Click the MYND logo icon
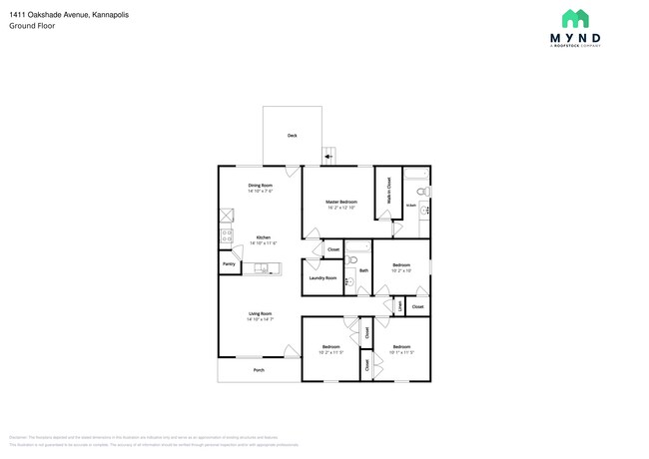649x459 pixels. coord(574,18)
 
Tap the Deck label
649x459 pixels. coord(293,136)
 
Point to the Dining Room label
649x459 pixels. coord(261,186)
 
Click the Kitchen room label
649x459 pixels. coord(262,237)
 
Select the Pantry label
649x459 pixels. coord(229,264)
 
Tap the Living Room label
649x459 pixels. coord(261,314)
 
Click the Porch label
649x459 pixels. coord(259,369)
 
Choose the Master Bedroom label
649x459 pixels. coord(341,203)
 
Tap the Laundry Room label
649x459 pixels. coord(324,278)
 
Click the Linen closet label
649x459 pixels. coord(399,306)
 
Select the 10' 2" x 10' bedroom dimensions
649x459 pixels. coord(400,270)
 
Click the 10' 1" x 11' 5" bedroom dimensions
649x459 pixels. coord(401,352)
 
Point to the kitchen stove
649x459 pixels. coord(226,237)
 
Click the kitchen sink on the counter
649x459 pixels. coord(261,268)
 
